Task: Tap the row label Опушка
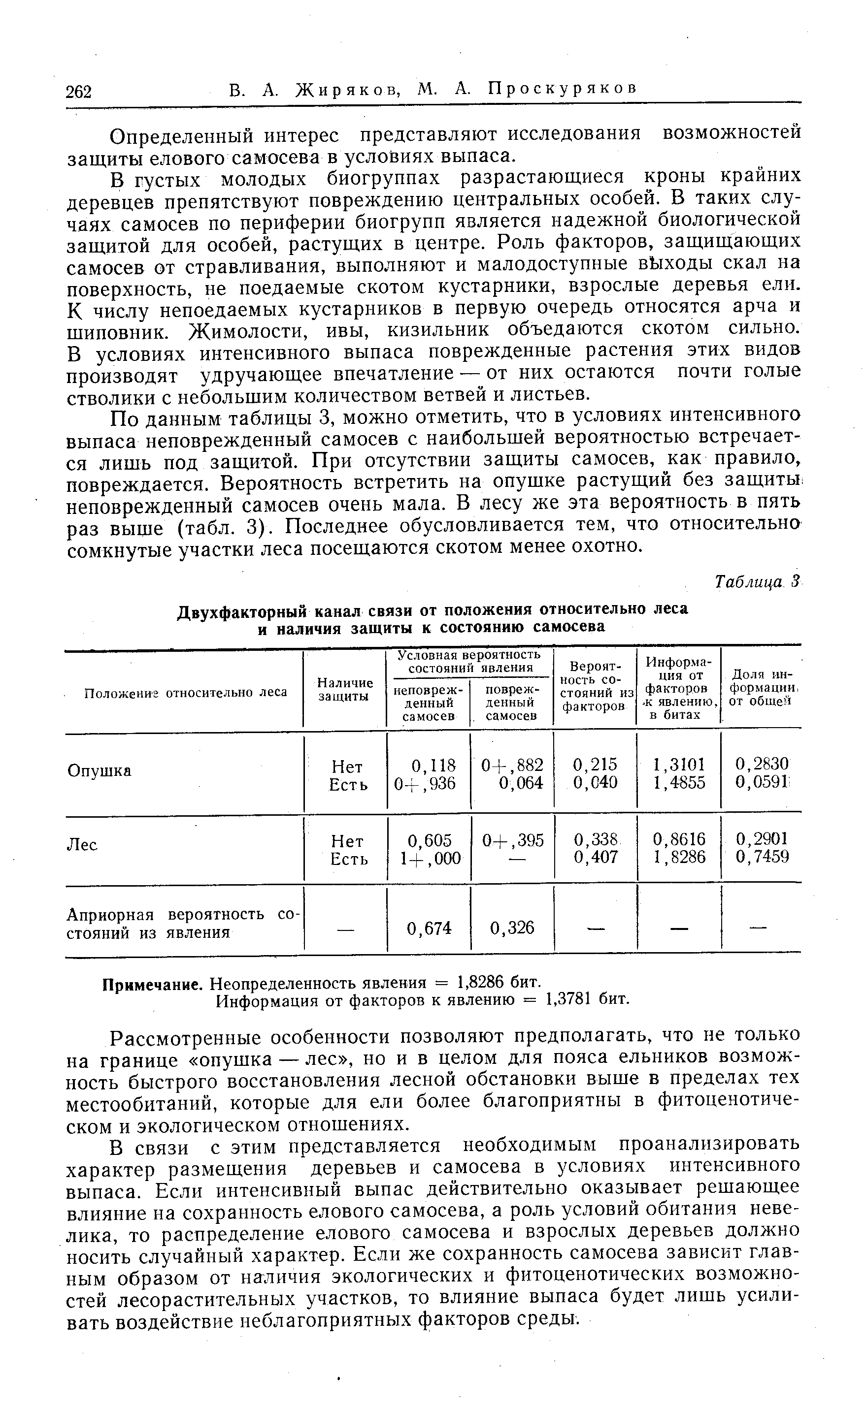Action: click(99, 771)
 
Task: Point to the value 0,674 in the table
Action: click(429, 928)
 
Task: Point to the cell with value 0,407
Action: click(596, 857)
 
